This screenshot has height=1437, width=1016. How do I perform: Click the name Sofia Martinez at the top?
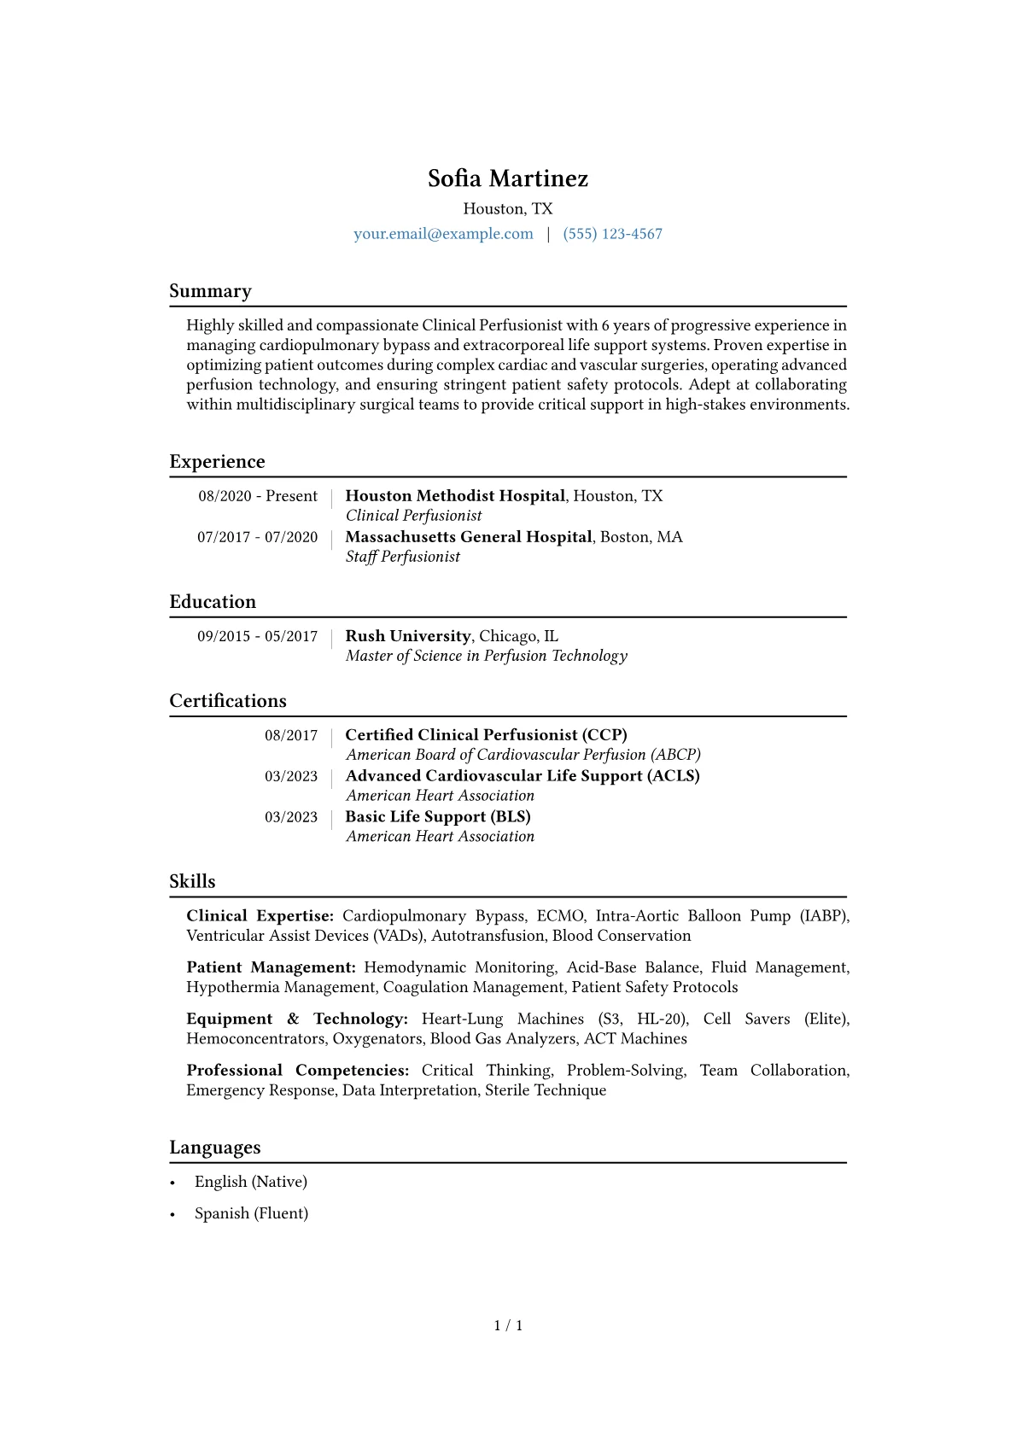[x=508, y=178]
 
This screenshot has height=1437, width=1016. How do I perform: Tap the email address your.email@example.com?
[x=443, y=234]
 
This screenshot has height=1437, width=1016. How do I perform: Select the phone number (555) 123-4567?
[x=612, y=234]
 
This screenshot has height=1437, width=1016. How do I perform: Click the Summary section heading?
[x=210, y=291]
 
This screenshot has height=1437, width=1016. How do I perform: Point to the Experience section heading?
[x=217, y=462]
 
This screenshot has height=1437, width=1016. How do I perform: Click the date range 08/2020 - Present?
[x=258, y=496]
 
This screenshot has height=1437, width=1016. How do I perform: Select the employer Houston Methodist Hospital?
[x=455, y=496]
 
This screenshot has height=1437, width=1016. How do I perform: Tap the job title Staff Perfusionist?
[x=403, y=557]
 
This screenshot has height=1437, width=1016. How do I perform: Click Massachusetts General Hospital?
[x=469, y=537]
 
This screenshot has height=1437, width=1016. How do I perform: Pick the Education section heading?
[x=213, y=602]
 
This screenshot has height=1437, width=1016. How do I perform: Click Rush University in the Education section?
[x=408, y=636]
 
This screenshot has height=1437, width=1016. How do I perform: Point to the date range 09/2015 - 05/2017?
[x=257, y=636]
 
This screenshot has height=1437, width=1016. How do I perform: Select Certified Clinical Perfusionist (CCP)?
[x=486, y=735]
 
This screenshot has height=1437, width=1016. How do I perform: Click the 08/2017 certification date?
[x=291, y=735]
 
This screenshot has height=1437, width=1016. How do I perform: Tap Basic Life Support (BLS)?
[x=438, y=817]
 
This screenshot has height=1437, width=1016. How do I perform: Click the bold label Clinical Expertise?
[x=260, y=916]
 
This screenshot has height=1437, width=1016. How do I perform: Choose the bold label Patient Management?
[x=271, y=967]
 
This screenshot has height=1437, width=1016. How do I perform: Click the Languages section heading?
[x=215, y=1148]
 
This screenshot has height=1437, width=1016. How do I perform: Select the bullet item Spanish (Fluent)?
[x=251, y=1213]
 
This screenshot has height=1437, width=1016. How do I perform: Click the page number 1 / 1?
[x=508, y=1326]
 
